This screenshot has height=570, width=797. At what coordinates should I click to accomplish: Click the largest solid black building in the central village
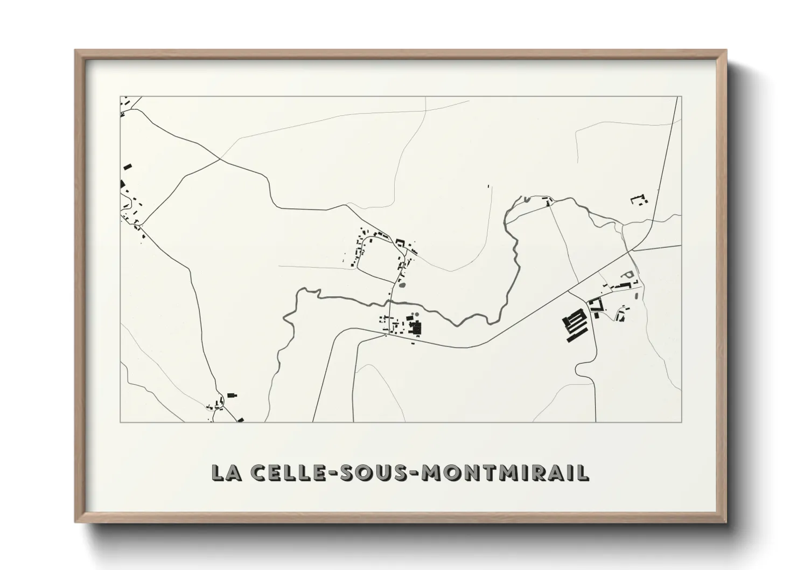(416, 328)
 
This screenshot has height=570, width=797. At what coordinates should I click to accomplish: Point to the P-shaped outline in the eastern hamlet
(625, 275)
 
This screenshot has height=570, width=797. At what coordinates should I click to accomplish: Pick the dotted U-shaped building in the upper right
(639, 200)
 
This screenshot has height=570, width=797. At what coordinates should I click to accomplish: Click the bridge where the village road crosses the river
(390, 300)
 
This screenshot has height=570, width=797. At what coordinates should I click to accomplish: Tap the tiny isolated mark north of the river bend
(488, 186)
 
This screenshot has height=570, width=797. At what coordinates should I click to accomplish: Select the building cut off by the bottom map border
(240, 419)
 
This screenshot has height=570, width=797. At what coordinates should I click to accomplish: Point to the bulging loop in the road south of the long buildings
(581, 370)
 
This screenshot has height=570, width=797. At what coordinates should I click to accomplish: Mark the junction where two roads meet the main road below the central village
(387, 335)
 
